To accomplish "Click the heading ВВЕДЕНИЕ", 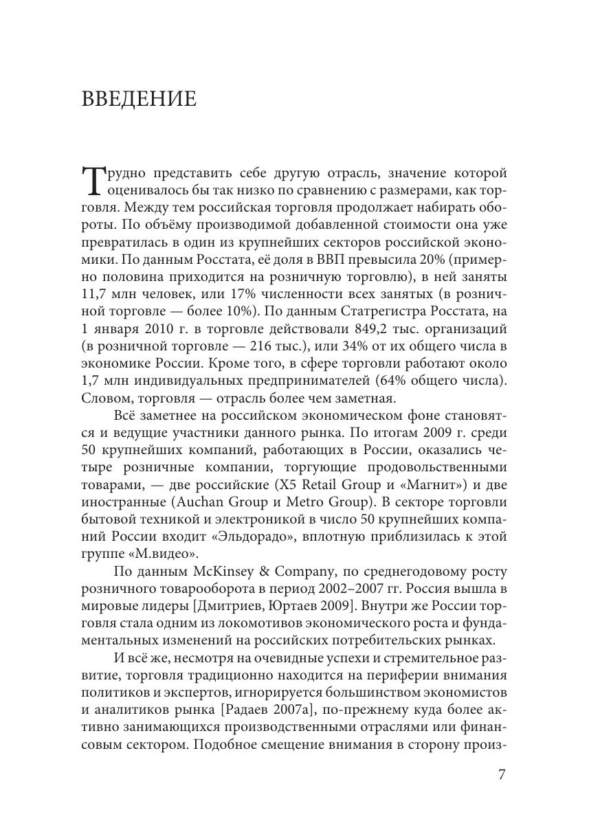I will (x=139, y=99).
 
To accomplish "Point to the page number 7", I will (x=502, y=774).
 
